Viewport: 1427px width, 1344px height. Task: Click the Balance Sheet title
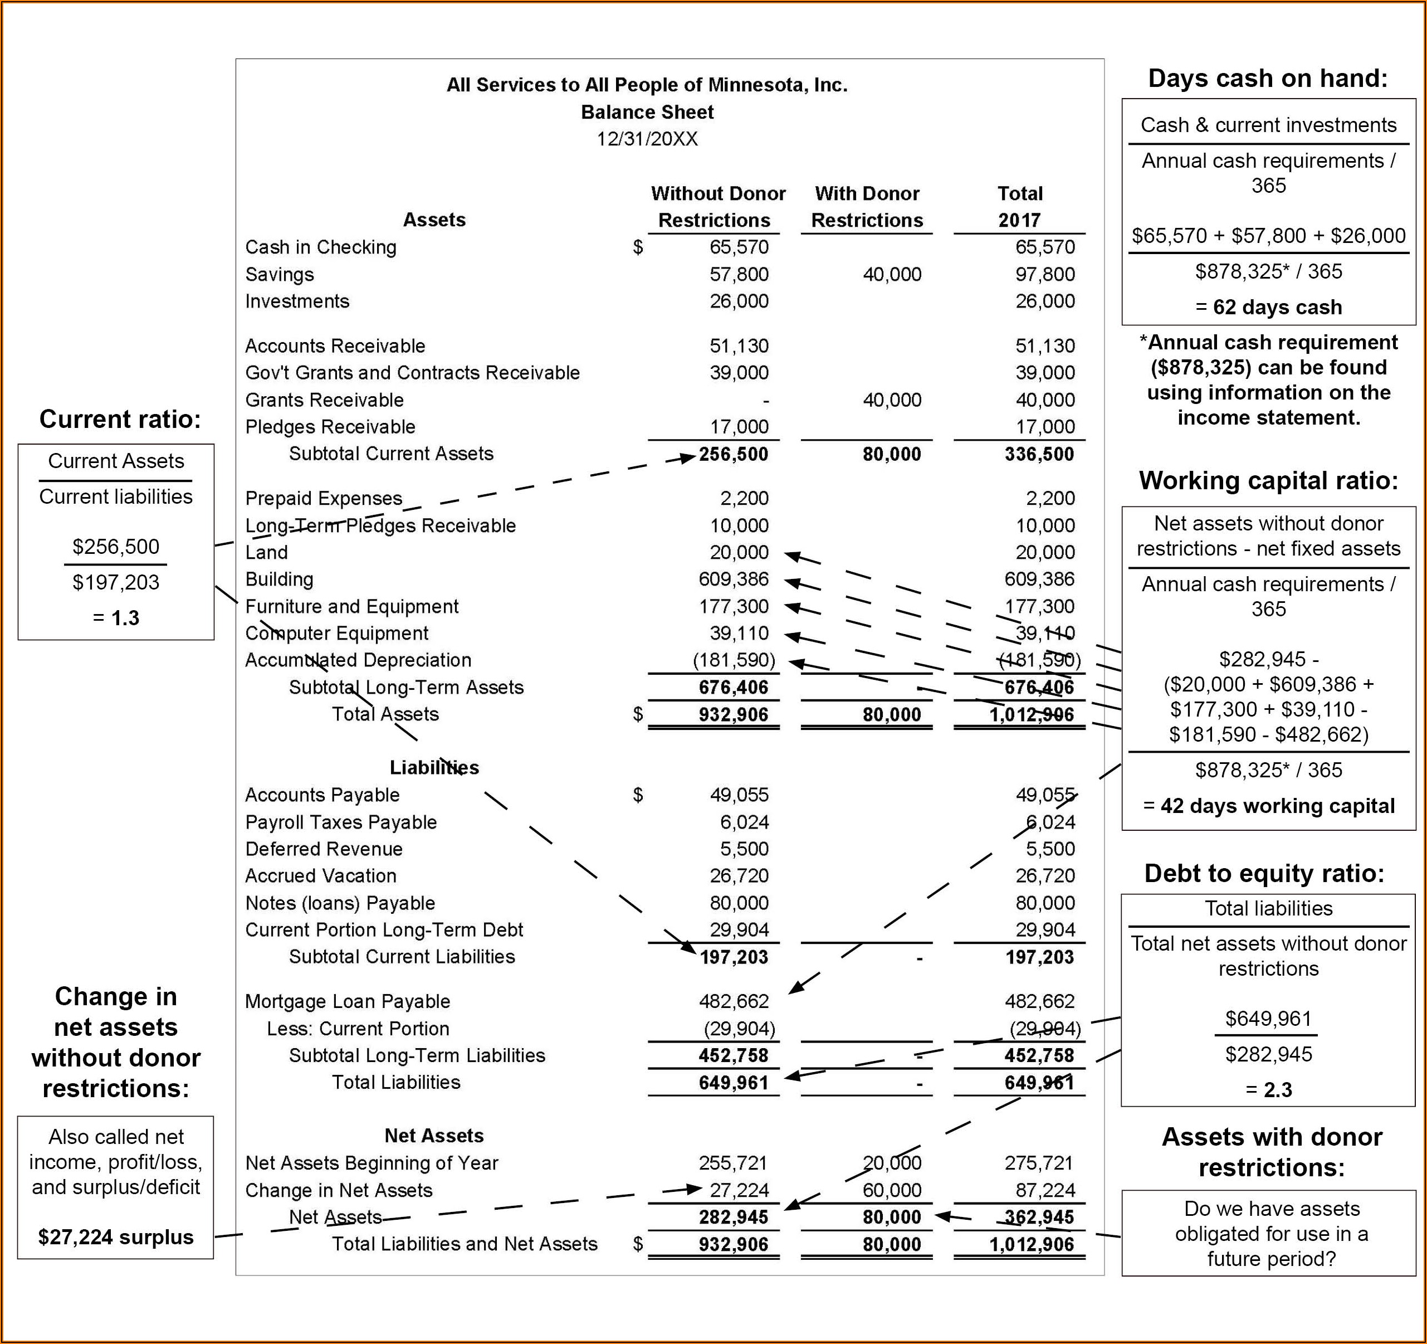(x=647, y=112)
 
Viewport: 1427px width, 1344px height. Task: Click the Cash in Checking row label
(x=320, y=247)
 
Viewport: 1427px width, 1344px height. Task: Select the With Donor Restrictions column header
(x=867, y=207)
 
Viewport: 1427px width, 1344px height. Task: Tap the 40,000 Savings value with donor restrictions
(x=892, y=274)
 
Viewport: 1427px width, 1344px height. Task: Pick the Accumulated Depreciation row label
(x=358, y=660)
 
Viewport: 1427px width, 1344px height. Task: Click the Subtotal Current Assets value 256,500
(x=733, y=454)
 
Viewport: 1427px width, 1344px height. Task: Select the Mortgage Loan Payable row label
(x=348, y=1001)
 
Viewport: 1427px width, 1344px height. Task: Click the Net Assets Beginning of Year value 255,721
(x=733, y=1162)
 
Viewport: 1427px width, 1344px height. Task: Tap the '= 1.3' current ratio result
(x=115, y=617)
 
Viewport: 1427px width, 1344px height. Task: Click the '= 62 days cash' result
(x=1268, y=307)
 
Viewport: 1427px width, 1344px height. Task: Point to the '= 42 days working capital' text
(x=1268, y=806)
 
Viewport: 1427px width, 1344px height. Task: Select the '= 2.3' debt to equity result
(x=1268, y=1090)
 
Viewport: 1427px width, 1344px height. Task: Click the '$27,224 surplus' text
(x=115, y=1237)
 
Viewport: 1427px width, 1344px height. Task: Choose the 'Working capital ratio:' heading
(x=1268, y=480)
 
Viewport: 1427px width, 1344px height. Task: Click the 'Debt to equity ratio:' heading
(x=1264, y=873)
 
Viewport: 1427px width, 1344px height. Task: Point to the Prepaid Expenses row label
(x=323, y=498)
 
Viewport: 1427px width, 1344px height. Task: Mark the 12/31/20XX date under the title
(x=647, y=139)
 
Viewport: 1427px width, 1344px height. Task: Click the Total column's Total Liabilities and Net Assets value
(x=1032, y=1244)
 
